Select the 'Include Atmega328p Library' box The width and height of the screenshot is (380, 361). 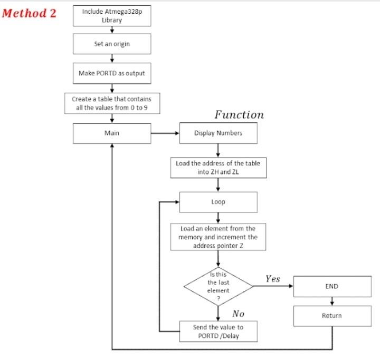tap(111, 16)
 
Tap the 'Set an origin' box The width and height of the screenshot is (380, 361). tap(111, 44)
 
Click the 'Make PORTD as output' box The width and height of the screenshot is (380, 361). tap(111, 73)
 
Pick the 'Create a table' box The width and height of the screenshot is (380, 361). tap(111, 103)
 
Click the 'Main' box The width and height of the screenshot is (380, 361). tap(111, 133)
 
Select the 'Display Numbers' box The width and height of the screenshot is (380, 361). tap(218, 133)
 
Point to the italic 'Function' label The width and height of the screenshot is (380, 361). tap(239, 114)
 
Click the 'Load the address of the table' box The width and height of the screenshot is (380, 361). tap(218, 167)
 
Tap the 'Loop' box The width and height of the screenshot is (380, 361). tap(218, 202)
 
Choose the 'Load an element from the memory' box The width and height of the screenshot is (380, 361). tap(218, 237)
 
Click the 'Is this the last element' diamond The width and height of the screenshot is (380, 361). tap(218, 286)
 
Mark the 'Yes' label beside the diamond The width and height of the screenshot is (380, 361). tap(272, 279)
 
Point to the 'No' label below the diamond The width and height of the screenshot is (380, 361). tap(238, 314)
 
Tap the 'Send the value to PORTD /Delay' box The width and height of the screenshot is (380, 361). tap(218, 331)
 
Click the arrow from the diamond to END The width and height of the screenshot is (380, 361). tap(273, 286)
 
